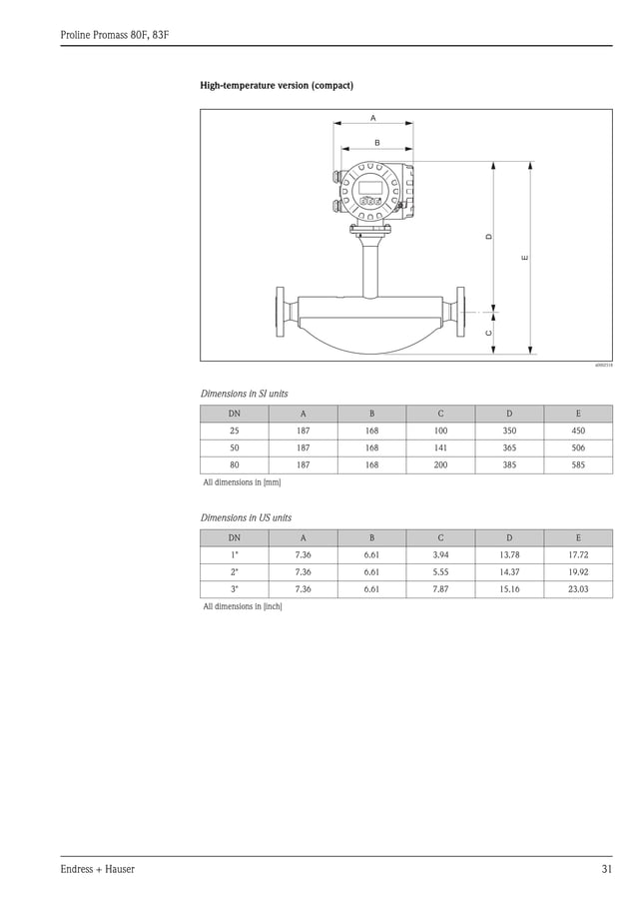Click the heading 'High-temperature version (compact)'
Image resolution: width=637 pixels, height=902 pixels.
pyautogui.click(x=277, y=86)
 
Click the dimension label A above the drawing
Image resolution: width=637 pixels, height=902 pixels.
pyautogui.click(x=373, y=118)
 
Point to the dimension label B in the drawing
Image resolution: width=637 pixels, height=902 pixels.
pyautogui.click(x=376, y=143)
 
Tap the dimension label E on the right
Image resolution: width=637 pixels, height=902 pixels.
pyautogui.click(x=524, y=259)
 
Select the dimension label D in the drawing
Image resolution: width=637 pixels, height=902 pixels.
pyautogui.click(x=488, y=237)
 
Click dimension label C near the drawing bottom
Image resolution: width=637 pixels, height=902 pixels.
pyautogui.click(x=488, y=332)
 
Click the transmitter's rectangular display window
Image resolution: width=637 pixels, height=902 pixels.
pyautogui.click(x=370, y=186)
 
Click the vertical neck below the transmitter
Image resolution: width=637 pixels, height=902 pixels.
pyautogui.click(x=370, y=265)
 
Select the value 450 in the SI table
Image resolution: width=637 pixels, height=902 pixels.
pyautogui.click(x=578, y=431)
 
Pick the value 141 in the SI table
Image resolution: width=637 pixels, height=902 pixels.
pyautogui.click(x=440, y=449)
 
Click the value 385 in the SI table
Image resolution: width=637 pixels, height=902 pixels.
pyautogui.click(x=509, y=465)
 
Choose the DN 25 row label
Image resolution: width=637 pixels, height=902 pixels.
pyautogui.click(x=235, y=431)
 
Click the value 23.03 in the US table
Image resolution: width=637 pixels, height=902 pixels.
pyautogui.click(x=578, y=589)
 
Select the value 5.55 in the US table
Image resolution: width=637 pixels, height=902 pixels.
pyautogui.click(x=440, y=572)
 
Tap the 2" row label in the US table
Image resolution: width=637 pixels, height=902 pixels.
pyautogui.click(x=235, y=572)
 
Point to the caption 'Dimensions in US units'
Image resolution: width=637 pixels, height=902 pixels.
pyautogui.click(x=246, y=518)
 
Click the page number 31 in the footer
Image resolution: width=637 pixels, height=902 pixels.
pyautogui.click(x=606, y=869)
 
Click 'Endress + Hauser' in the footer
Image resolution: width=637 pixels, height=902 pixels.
pyautogui.click(x=98, y=869)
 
